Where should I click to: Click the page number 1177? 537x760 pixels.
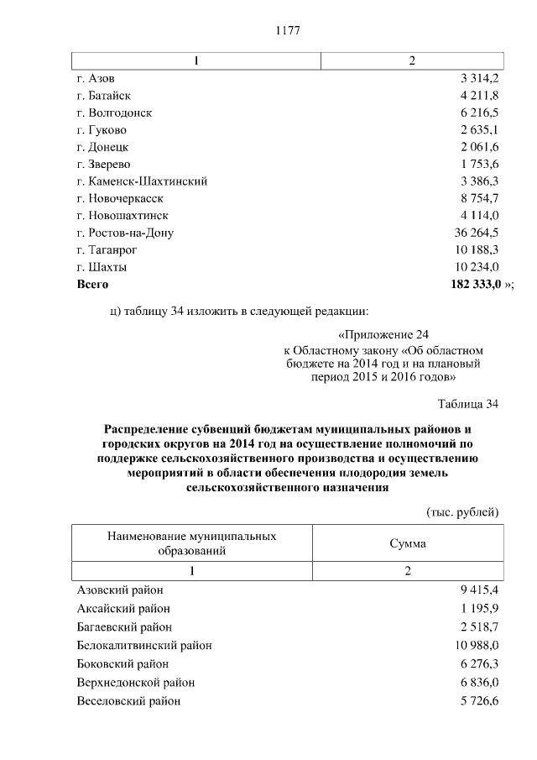[x=288, y=31]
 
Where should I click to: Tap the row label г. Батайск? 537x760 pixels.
[x=103, y=96]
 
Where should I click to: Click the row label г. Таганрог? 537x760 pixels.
[x=106, y=250]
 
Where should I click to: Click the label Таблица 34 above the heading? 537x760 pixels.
[x=469, y=405]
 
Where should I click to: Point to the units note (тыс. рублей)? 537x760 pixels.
[x=463, y=511]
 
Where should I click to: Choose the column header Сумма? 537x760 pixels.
[x=408, y=543]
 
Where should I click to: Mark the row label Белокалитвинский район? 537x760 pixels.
[x=143, y=646]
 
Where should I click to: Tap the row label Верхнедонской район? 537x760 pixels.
[x=135, y=683]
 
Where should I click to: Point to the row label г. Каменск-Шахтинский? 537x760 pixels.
[x=141, y=181]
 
